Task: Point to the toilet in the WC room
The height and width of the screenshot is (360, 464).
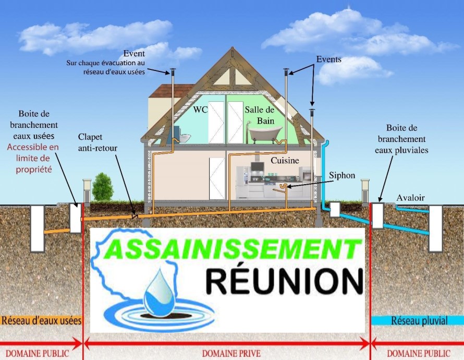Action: (x=184, y=137)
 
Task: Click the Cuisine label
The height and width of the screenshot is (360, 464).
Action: (x=285, y=161)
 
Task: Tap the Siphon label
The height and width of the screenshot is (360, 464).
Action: (x=343, y=176)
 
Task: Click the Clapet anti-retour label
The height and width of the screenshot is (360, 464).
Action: (x=97, y=142)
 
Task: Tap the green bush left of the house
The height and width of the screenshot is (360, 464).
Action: (x=103, y=187)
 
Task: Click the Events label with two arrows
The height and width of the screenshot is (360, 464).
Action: (x=328, y=59)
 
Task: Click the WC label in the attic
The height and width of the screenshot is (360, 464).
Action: (x=200, y=110)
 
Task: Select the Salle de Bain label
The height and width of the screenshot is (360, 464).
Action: (x=259, y=115)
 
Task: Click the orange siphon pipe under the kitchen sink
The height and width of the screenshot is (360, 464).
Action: (x=284, y=186)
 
